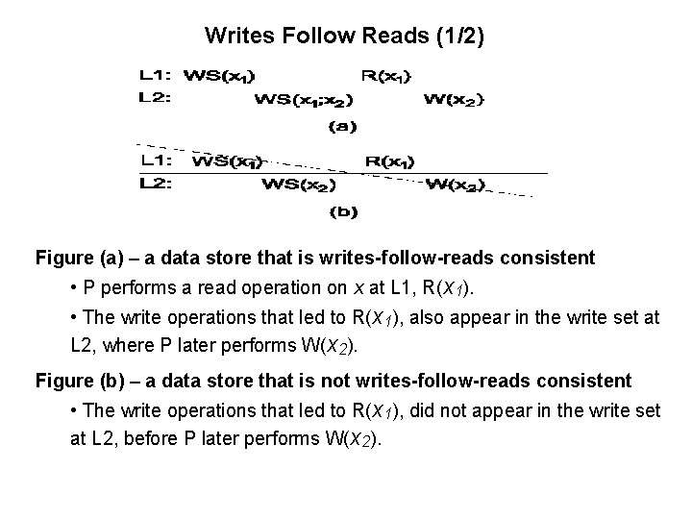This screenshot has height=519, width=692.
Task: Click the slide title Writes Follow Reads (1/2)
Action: pos(345,37)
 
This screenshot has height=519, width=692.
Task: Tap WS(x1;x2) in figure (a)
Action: pos(303,98)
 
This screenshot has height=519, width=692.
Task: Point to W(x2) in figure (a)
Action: pos(455,98)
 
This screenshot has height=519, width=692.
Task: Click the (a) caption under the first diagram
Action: pos(343,125)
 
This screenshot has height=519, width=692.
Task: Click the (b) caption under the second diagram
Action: pos(343,211)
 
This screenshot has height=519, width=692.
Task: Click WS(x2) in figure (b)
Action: pos(298,185)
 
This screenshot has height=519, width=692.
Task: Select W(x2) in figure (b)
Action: pos(455,185)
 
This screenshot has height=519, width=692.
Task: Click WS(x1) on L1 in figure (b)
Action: pos(228,161)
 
